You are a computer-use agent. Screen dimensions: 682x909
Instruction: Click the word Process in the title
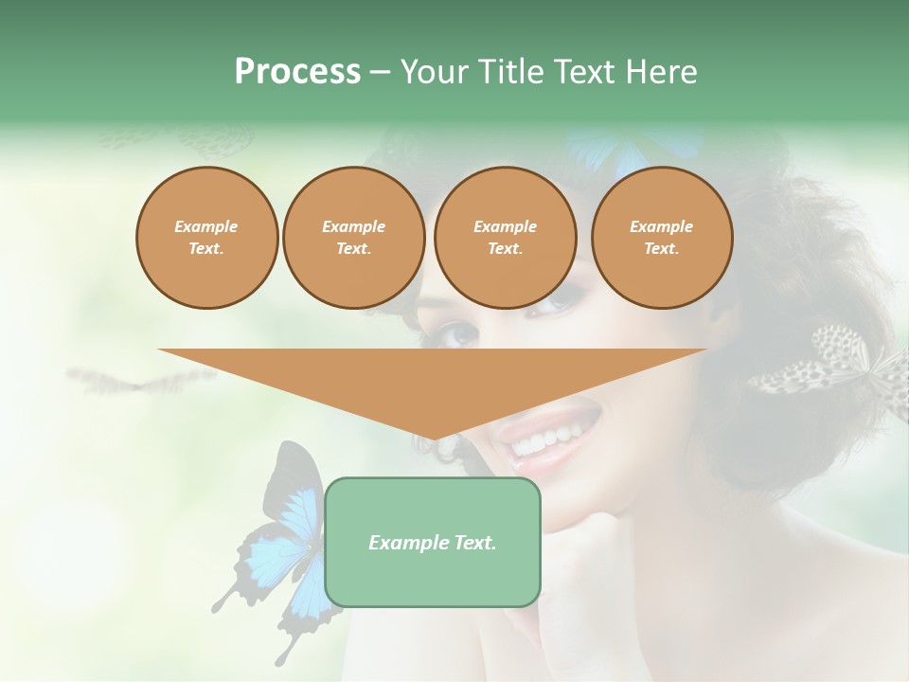pos(297,72)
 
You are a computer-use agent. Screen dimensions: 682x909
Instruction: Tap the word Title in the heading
pos(510,72)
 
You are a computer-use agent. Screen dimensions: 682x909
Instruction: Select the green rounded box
pos(433,542)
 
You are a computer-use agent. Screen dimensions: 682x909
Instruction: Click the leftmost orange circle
pos(206,238)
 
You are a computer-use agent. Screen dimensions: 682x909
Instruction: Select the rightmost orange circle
pos(662,238)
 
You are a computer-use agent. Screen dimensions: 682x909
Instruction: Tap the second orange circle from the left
pos(353,238)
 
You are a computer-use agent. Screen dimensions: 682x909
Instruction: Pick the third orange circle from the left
pos(505,238)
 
